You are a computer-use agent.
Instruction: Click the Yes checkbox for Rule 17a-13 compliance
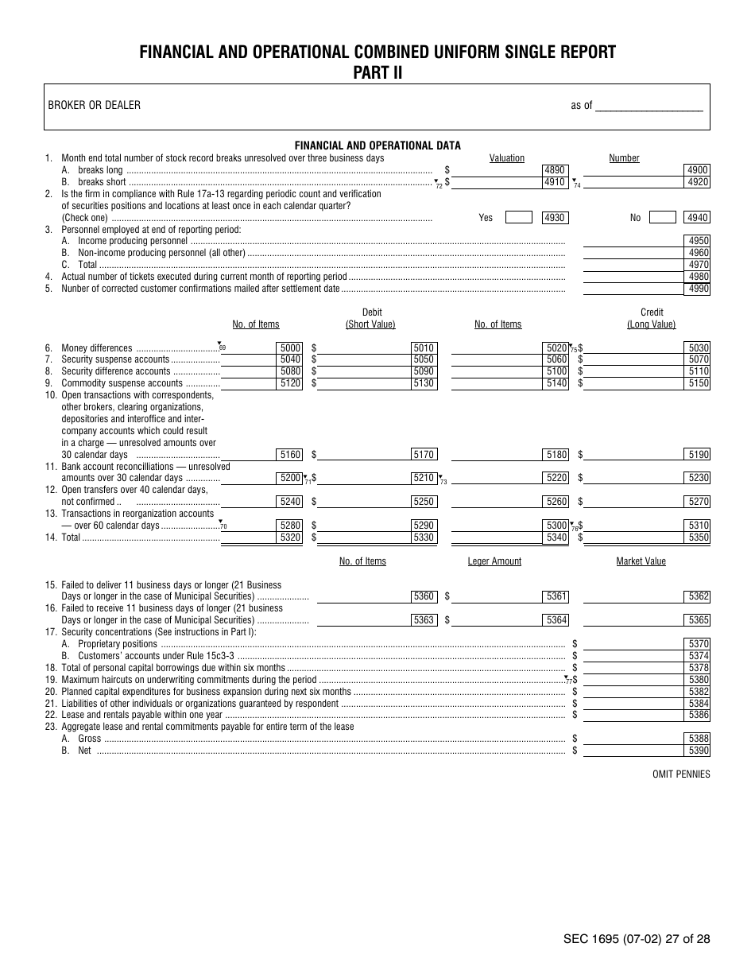(519, 217)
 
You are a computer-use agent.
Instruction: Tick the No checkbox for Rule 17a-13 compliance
(662, 217)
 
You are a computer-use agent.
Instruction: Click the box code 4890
(554, 170)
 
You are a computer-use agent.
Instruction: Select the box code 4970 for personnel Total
(699, 265)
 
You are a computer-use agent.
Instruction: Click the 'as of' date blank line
(649, 106)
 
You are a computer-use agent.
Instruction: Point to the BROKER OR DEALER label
(95, 105)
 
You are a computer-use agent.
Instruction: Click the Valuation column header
(507, 158)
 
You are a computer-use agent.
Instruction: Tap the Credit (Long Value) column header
(651, 318)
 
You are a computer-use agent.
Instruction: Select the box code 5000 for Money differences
(290, 347)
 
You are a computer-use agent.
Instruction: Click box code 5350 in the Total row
(699, 538)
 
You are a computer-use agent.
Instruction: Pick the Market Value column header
(641, 561)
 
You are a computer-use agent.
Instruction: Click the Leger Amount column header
(494, 561)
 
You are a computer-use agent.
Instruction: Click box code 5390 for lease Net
(699, 751)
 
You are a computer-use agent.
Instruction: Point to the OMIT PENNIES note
(681, 774)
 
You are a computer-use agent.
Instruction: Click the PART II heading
(377, 72)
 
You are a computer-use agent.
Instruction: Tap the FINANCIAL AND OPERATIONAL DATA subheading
(377, 146)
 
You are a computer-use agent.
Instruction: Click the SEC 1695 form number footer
(637, 939)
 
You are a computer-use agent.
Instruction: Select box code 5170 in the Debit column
(424, 455)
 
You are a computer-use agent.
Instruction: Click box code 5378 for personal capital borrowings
(699, 668)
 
